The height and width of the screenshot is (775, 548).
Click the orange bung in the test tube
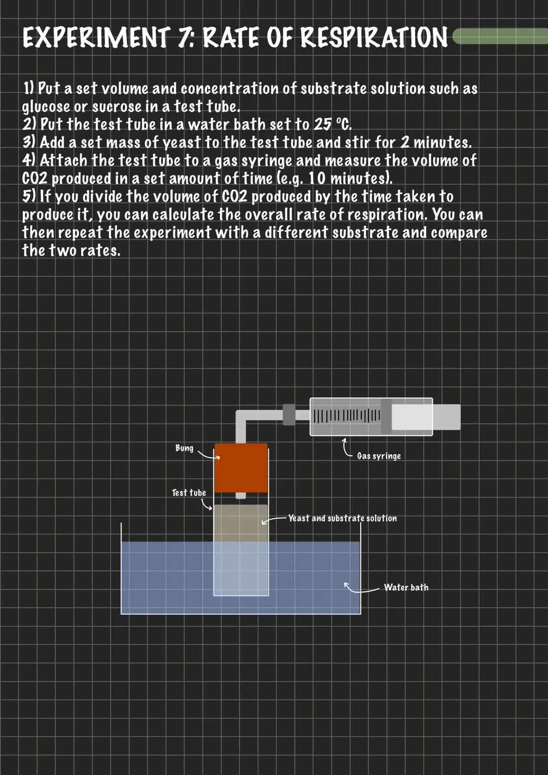click(241, 468)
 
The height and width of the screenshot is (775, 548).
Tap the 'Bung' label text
click(184, 448)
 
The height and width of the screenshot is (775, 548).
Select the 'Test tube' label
click(189, 493)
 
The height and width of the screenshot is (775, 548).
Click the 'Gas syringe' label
click(379, 456)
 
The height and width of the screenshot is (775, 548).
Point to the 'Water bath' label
click(406, 587)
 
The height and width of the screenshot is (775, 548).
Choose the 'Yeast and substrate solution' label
click(342, 518)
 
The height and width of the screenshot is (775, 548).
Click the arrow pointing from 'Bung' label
click(209, 455)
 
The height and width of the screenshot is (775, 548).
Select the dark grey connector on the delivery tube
click(289, 415)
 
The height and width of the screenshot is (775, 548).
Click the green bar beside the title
click(500, 36)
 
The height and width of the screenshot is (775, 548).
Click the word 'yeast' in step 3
click(182, 143)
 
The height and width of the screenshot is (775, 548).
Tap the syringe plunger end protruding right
click(447, 417)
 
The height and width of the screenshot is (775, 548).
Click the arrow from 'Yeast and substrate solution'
click(275, 520)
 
